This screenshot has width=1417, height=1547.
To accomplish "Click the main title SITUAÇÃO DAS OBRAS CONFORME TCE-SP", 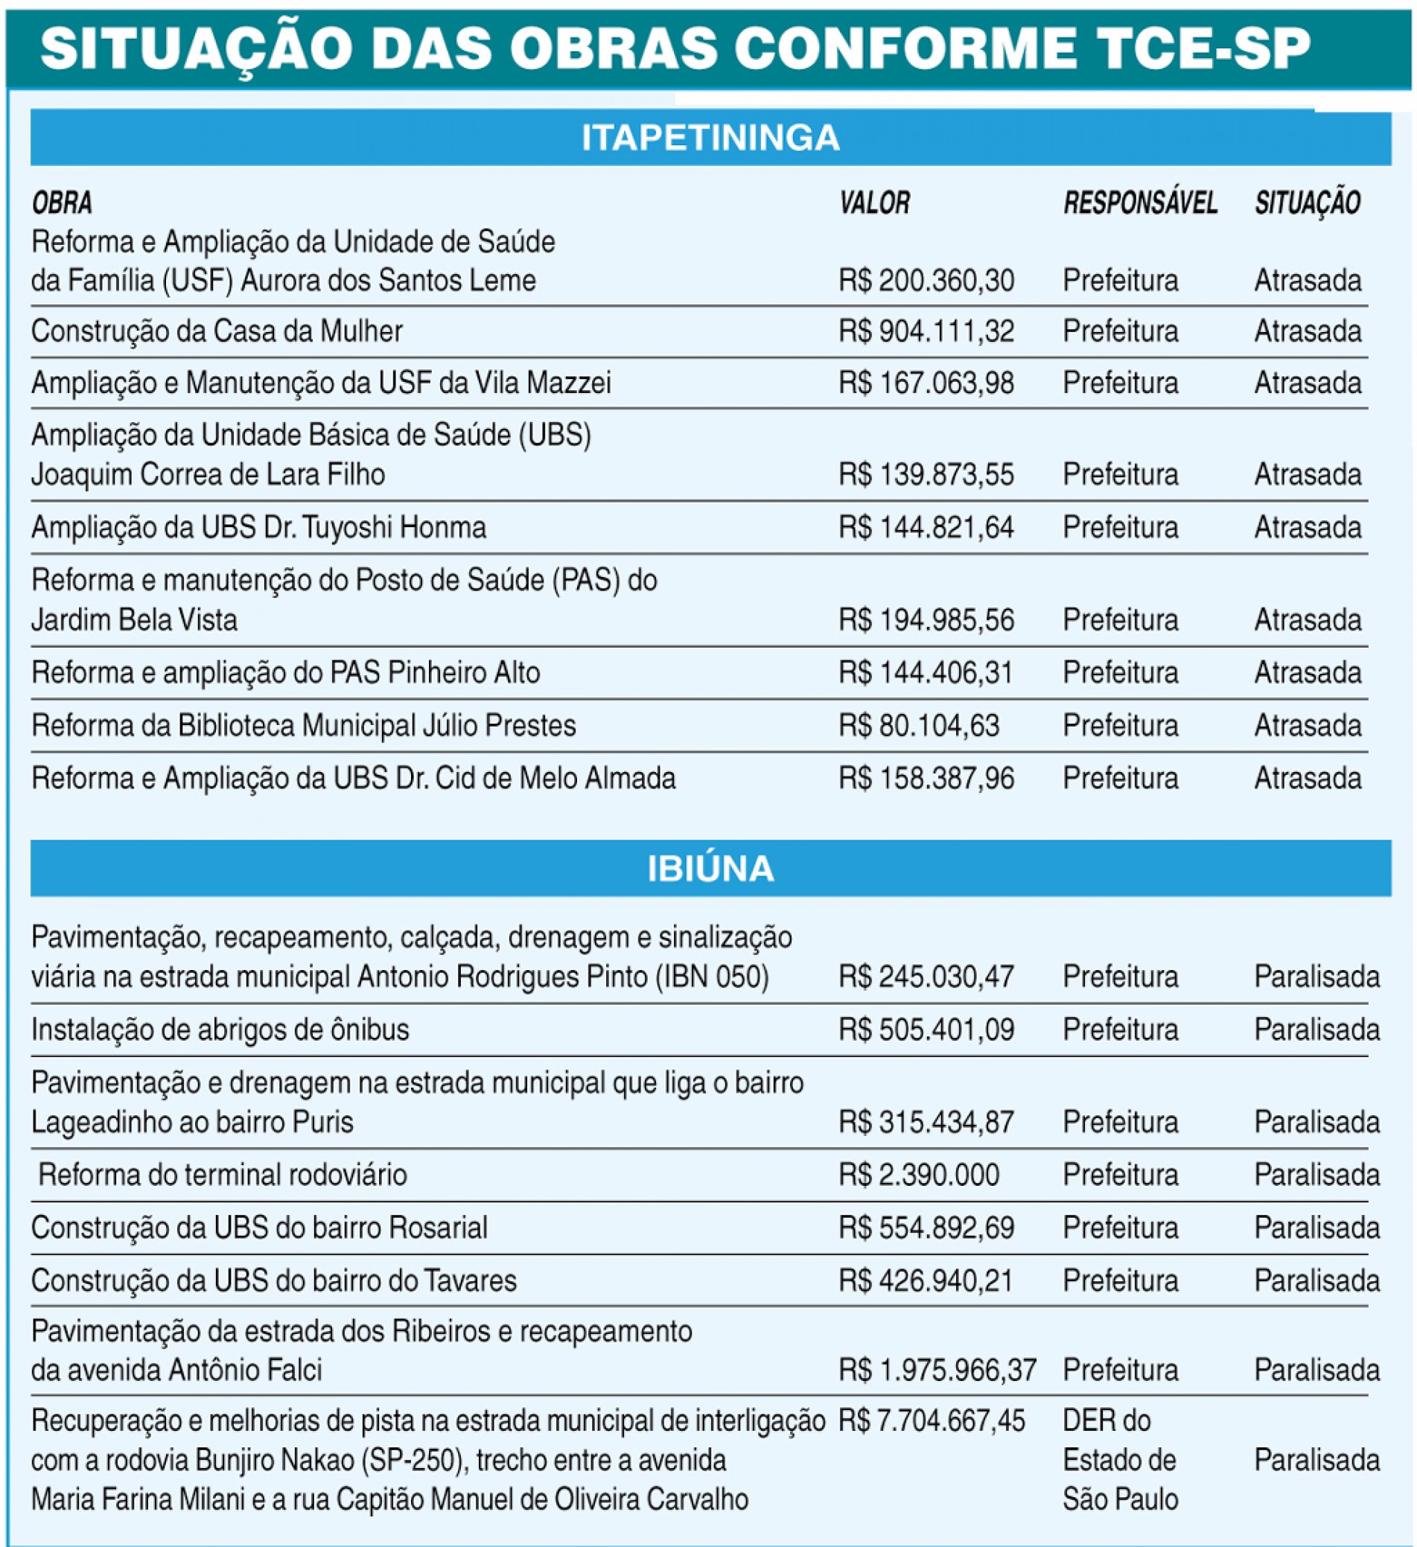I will [x=675, y=48].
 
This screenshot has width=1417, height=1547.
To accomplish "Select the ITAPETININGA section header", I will [x=710, y=138].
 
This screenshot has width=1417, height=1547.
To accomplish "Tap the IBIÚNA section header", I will [x=710, y=869].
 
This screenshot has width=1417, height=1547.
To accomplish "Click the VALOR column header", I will [x=874, y=203].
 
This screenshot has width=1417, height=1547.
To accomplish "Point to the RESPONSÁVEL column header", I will [x=1140, y=203].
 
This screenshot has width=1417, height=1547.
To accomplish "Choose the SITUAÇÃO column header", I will [x=1308, y=203].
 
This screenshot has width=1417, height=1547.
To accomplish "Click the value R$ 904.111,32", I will [x=926, y=331].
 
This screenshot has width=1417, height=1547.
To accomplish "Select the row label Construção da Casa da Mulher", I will [x=217, y=331].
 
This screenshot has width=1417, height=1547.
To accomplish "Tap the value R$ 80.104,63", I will [x=919, y=726].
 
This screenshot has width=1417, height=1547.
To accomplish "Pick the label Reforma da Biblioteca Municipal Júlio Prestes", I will [x=303, y=726].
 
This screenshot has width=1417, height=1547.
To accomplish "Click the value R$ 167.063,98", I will [x=926, y=383].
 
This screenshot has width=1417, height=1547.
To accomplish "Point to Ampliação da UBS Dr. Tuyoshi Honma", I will [x=258, y=528].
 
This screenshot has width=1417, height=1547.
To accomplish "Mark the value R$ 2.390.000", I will [x=919, y=1175].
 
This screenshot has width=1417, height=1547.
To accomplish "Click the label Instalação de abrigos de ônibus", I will [x=220, y=1030].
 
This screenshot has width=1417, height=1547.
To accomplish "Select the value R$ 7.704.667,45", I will [x=931, y=1421].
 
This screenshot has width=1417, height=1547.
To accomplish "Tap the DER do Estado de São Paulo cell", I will [x=1119, y=1459].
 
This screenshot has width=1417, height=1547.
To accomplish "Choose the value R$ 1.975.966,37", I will [x=937, y=1370].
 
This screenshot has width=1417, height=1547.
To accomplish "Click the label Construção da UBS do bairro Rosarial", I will [x=259, y=1228].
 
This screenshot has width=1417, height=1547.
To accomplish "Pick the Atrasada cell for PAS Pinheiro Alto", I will [x=1308, y=673].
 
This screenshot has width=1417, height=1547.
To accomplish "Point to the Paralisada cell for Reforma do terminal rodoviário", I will [x=1316, y=1175].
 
